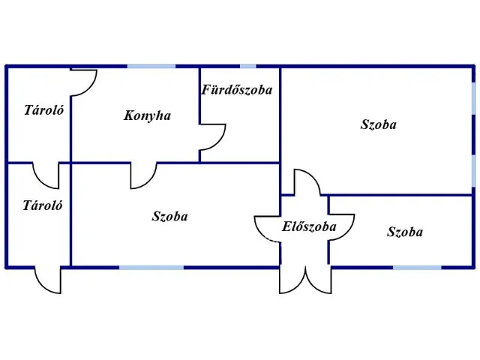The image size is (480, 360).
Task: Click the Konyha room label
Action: (x=148, y=115)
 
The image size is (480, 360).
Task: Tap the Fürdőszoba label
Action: (x=236, y=90)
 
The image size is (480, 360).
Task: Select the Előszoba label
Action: (x=308, y=226)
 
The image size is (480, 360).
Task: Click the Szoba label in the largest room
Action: (x=378, y=124)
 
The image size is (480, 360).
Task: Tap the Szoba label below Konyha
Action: (x=169, y=217)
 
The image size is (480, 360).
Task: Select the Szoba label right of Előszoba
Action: (x=405, y=232)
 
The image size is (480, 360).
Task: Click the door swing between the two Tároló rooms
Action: (x=46, y=175)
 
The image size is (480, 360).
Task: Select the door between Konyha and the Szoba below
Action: (x=143, y=175)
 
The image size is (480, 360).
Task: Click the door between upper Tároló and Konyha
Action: (x=84, y=82)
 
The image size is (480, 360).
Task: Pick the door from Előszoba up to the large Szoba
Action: (x=306, y=184)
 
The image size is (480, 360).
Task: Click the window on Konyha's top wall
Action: (x=151, y=67)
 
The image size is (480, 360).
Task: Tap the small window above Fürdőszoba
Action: (x=247, y=67)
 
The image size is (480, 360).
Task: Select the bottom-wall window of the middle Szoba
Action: (x=151, y=267)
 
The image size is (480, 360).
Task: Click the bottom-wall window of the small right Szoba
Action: (x=417, y=267)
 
